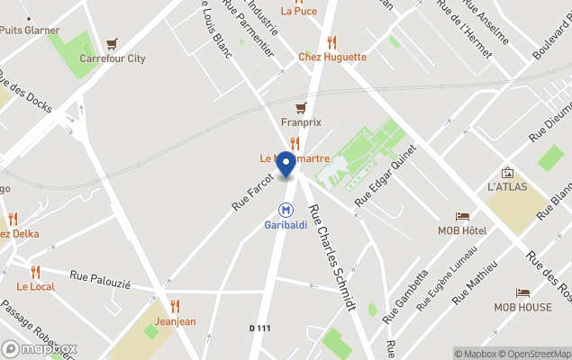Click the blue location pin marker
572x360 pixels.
pyautogui.click(x=286, y=165)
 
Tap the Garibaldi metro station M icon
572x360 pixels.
pyautogui.click(x=286, y=209)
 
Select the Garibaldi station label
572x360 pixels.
pyautogui.click(x=286, y=225)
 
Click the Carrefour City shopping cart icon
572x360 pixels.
pyautogui.click(x=112, y=43)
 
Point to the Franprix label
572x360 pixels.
pyautogui.click(x=301, y=122)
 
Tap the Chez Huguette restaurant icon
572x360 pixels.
pyautogui.click(x=331, y=41)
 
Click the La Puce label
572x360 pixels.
pyautogui.click(x=298, y=11)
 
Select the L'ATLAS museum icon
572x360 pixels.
pyautogui.click(x=507, y=172)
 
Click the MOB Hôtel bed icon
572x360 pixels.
pyautogui.click(x=462, y=217)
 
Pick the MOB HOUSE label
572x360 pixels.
pyautogui.click(x=522, y=307)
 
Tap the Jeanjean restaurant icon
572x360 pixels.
pyautogui.click(x=175, y=306)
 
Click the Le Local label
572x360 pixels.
pyautogui.click(x=36, y=286)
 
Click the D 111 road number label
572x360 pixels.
pyautogui.click(x=260, y=328)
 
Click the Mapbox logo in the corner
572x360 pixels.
pyautogui.click(x=40, y=348)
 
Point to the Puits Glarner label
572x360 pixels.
pyautogui.click(x=30, y=30)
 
